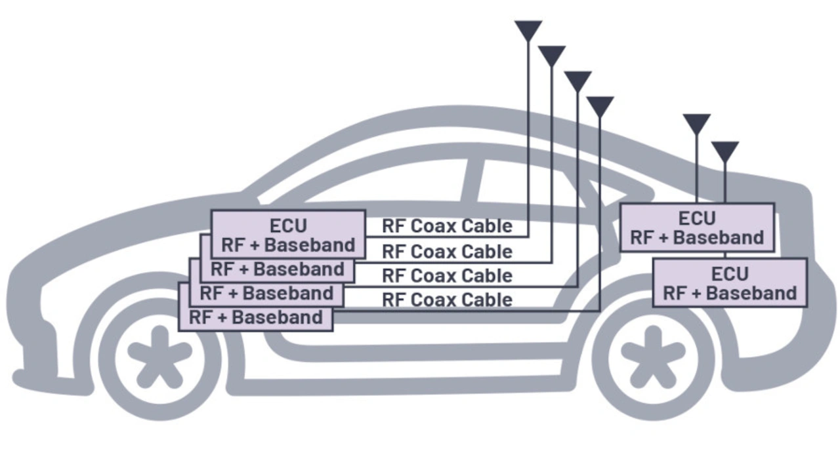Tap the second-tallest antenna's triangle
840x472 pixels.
[x=552, y=55]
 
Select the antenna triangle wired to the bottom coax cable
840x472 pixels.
[x=600, y=106]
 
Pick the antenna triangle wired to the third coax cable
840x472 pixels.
[x=577, y=80]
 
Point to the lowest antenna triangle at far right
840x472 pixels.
[x=725, y=151]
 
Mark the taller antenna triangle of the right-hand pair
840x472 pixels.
[x=696, y=123]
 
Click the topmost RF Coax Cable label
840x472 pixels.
[x=447, y=226]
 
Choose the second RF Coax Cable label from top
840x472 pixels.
[x=447, y=251]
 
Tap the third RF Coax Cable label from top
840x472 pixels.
[x=447, y=275]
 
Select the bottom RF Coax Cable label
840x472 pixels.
[x=447, y=300]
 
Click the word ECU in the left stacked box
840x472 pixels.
[x=288, y=226]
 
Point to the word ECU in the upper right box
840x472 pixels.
[x=697, y=218]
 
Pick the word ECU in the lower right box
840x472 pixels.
[x=730, y=273]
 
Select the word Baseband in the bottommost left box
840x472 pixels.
[x=277, y=318]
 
